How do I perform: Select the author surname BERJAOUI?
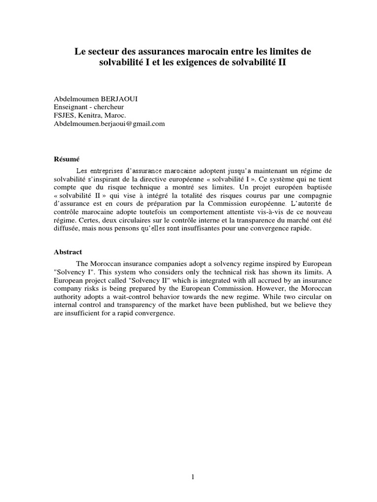tap(119, 99)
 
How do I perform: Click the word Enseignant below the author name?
tap(72, 107)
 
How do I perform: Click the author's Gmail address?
tap(109, 124)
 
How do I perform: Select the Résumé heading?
tap(66, 159)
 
